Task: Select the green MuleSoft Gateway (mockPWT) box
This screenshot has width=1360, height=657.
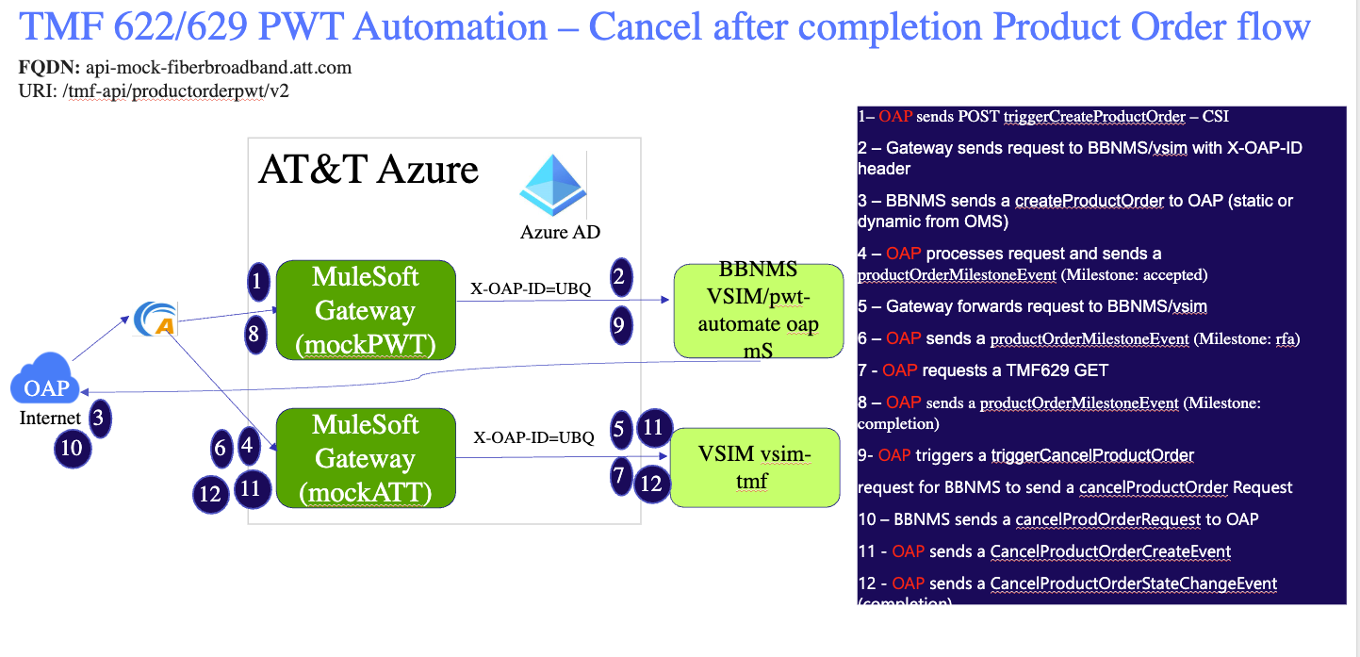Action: [x=365, y=310]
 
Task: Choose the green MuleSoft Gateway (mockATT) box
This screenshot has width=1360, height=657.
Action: [x=365, y=458]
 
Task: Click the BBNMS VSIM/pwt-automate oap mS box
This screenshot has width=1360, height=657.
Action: [x=759, y=310]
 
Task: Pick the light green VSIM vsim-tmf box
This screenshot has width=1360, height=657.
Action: [x=754, y=468]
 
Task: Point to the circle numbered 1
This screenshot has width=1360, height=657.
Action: [x=257, y=281]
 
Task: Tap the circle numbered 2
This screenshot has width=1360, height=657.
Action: [x=619, y=277]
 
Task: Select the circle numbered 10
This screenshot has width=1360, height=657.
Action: [x=73, y=449]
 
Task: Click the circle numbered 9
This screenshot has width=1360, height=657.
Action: [x=619, y=325]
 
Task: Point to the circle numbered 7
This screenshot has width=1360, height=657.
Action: [x=619, y=476]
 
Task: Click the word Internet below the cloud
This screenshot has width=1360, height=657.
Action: [x=50, y=418]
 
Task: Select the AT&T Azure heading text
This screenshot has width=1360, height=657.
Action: [x=369, y=171]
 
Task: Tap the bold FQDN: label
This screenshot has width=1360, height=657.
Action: [x=50, y=69]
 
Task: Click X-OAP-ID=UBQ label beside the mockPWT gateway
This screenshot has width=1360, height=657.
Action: [x=531, y=288]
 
